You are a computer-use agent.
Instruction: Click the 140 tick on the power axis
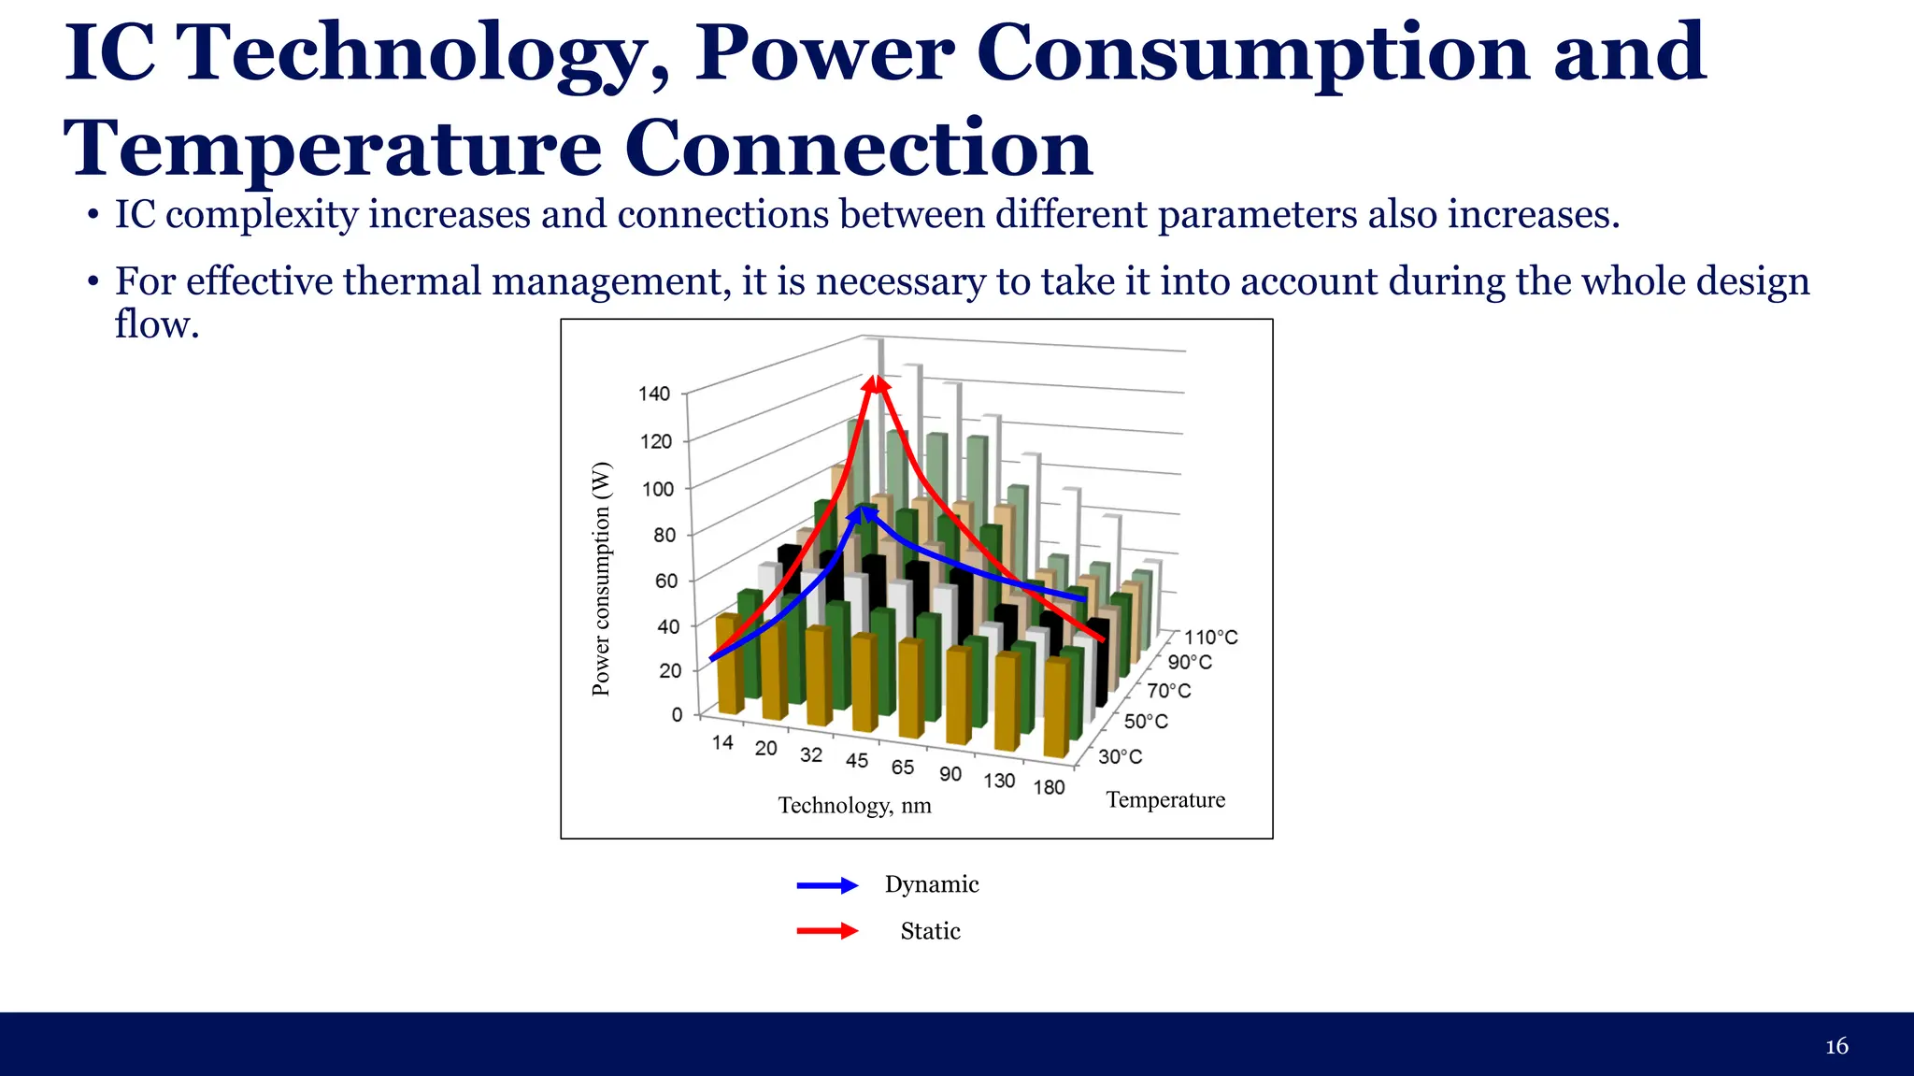[x=654, y=394]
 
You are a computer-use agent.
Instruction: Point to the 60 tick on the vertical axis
[x=665, y=581]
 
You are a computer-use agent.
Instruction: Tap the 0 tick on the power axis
[x=677, y=715]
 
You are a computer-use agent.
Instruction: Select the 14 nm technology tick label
[x=722, y=743]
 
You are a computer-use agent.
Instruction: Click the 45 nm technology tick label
[x=857, y=761]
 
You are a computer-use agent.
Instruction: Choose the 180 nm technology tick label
[x=1049, y=787]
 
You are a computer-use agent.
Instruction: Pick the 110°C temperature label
[x=1211, y=638]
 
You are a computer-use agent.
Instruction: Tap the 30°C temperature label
[x=1120, y=756]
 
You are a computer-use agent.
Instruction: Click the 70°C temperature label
[x=1169, y=691]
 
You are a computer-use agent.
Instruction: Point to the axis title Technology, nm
[x=854, y=806]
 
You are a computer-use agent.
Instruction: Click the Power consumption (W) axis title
[x=601, y=580]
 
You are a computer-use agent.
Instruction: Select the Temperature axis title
[x=1165, y=800]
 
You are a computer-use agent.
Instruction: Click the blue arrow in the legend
[x=827, y=885]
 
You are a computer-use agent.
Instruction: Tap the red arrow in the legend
[x=827, y=931]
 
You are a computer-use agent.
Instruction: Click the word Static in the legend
[x=930, y=931]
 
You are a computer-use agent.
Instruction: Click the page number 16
[x=1836, y=1046]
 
